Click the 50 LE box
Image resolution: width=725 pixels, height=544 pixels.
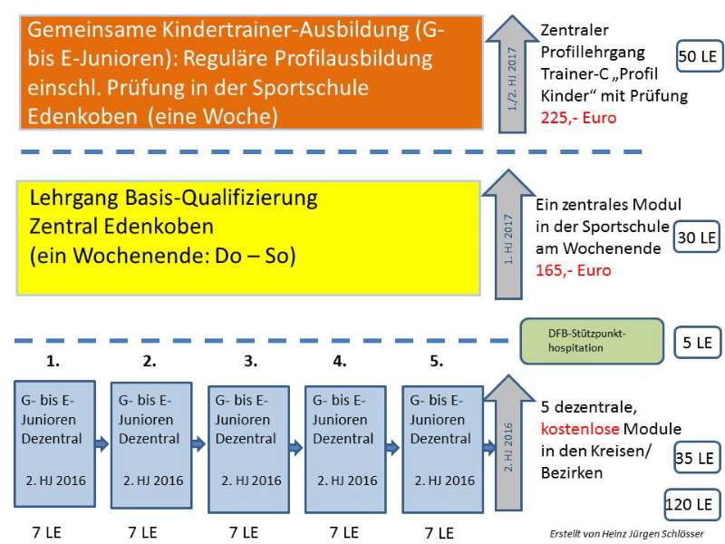[699, 56]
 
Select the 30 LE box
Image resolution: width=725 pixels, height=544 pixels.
[696, 238]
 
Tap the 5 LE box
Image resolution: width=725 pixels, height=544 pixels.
[698, 343]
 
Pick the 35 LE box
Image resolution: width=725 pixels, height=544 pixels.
[695, 458]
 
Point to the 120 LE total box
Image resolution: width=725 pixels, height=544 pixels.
[689, 504]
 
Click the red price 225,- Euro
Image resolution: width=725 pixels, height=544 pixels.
[578, 118]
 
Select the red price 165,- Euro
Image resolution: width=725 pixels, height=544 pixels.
[574, 270]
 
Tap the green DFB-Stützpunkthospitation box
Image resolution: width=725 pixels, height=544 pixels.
[592, 341]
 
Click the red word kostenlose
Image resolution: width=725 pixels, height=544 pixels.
[579, 429]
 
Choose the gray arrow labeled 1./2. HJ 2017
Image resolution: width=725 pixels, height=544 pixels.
[512, 74]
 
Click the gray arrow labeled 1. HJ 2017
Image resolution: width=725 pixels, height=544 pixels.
[508, 234]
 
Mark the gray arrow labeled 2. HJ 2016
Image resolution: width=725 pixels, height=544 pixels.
[508, 442]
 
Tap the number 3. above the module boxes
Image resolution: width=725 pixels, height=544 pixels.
[251, 361]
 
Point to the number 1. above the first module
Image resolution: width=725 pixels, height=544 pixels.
[53, 361]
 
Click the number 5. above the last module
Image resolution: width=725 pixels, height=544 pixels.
[437, 361]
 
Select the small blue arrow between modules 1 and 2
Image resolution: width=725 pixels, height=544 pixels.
[101, 444]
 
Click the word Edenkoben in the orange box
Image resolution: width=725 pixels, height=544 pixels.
[82, 116]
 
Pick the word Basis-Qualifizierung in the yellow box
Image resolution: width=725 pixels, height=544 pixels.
[221, 199]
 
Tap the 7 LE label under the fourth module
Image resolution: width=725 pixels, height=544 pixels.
[344, 533]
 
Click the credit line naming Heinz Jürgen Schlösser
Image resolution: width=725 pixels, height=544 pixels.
[626, 533]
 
